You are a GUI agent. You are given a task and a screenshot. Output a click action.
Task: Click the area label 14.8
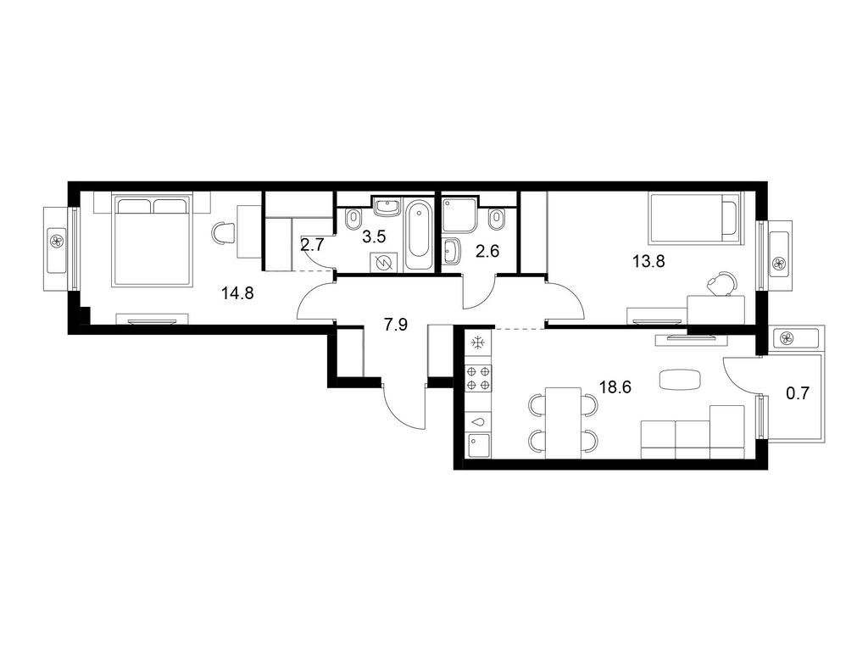point(238,294)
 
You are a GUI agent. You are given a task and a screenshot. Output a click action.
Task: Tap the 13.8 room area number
point(648,261)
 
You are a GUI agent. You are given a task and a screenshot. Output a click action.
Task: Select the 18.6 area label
point(616,387)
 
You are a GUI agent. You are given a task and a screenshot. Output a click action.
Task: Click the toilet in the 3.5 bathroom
point(350,220)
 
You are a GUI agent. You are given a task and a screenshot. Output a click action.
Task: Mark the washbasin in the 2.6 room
point(451,252)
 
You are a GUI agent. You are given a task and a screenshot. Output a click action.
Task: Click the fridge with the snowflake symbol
point(478,343)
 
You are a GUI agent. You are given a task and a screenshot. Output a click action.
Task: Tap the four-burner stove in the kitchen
point(478,378)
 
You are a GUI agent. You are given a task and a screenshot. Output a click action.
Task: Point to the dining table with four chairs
point(563,422)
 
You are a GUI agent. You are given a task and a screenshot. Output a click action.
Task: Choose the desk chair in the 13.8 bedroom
point(721,282)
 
